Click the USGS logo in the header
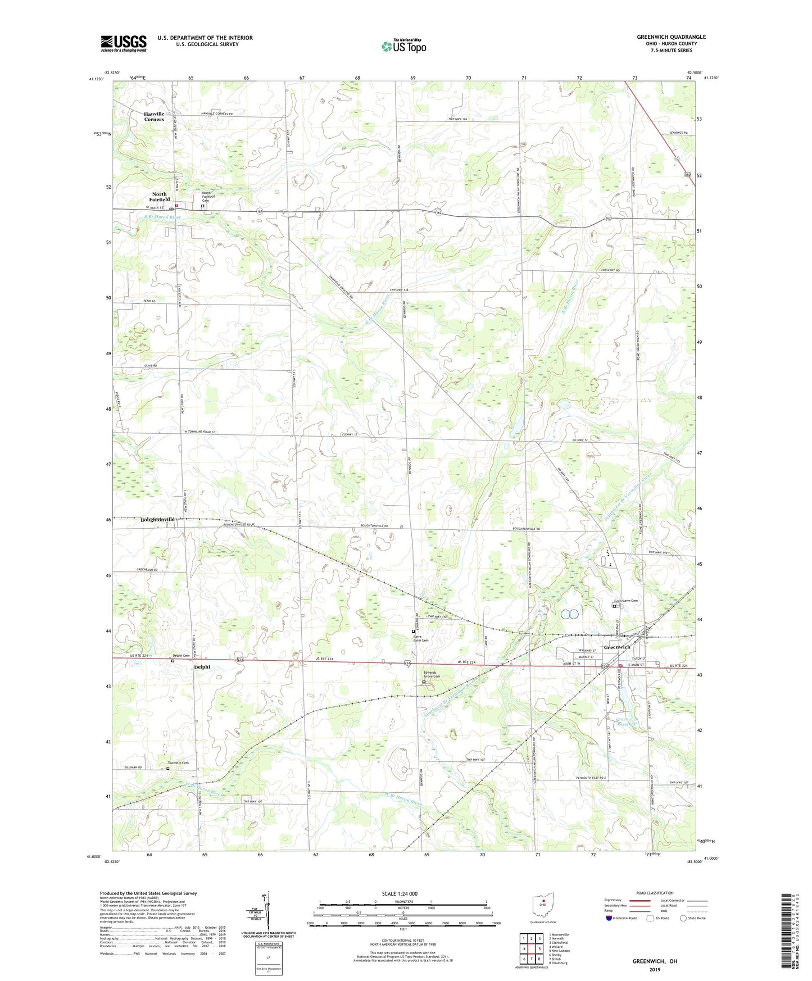(124, 43)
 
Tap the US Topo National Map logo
(403, 46)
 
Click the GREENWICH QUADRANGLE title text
(671, 37)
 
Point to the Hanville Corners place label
(154, 116)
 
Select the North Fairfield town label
(159, 197)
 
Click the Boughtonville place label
(157, 520)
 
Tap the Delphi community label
(202, 667)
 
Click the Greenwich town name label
(616, 647)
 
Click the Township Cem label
(178, 762)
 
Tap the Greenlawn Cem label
(625, 601)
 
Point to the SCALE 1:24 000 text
(400, 893)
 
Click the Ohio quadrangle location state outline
(543, 905)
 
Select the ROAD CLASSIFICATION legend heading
(655, 893)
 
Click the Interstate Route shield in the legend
(609, 918)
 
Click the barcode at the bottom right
(790, 932)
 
